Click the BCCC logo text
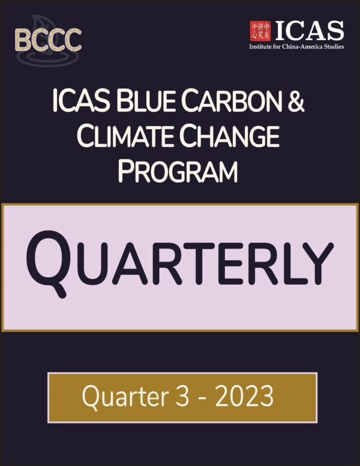(x=48, y=40)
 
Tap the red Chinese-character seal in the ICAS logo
(x=260, y=31)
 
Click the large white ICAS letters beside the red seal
(x=309, y=30)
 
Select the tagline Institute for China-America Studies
(x=296, y=46)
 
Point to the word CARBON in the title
(x=232, y=101)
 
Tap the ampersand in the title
(x=296, y=101)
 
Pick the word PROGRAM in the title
(x=178, y=171)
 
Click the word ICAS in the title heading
(x=82, y=101)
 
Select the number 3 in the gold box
(x=182, y=396)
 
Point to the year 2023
(x=244, y=396)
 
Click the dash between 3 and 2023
(x=202, y=399)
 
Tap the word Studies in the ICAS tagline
(x=335, y=46)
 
